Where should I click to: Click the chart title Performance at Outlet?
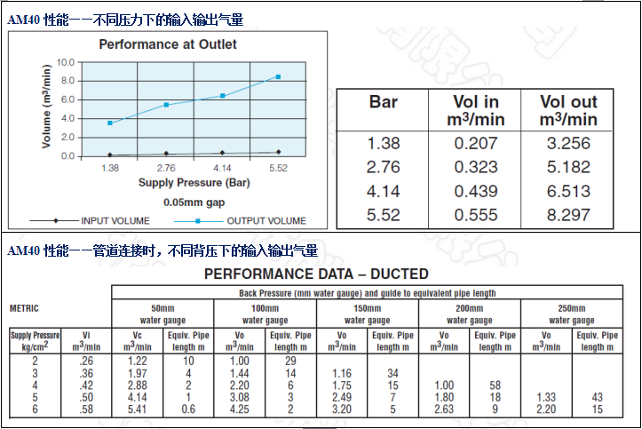coord(168,44)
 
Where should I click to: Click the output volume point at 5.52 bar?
coord(278,77)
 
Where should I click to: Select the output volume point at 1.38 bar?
coord(110,123)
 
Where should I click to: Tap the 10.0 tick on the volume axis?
coord(65,62)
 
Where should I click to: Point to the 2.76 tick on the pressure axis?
coord(166,167)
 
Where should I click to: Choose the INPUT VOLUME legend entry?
coord(114,220)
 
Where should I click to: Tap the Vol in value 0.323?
coord(476,166)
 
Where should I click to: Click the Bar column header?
coord(384,103)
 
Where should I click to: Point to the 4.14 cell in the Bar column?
coord(384,190)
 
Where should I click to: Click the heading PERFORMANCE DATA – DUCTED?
coord(316,274)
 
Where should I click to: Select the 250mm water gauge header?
coord(572,314)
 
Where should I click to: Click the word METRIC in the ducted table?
coord(24,308)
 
